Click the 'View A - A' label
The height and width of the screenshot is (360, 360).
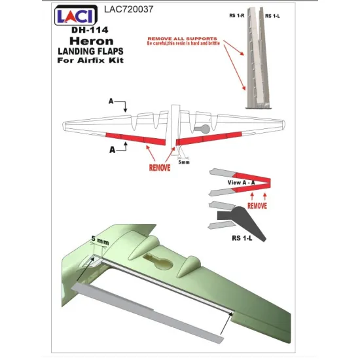pos(241,179)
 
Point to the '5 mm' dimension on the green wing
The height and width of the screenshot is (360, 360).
pos(102,242)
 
